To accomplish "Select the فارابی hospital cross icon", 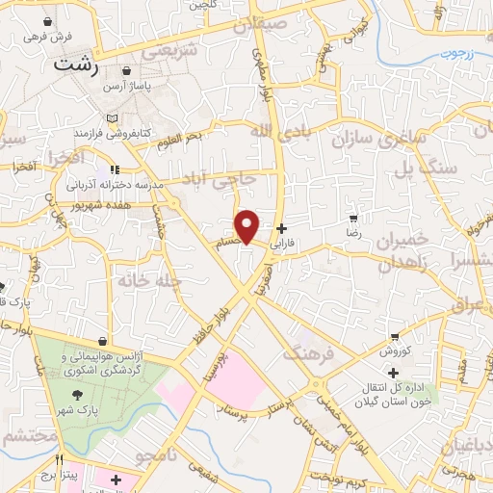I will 281,229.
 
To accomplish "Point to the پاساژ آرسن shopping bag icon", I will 127,71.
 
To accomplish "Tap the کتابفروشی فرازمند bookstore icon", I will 113,117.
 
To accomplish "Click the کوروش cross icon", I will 392,372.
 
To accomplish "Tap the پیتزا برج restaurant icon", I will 60,460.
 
